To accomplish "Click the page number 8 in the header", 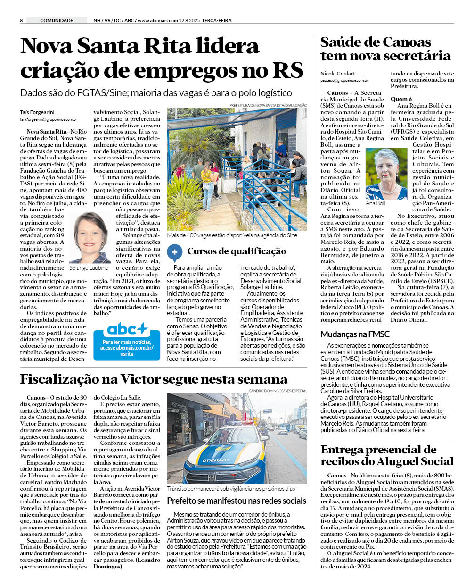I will (x=21, y=20).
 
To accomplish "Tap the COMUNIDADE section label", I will (x=57, y=20).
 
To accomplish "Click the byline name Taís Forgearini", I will (x=37, y=112).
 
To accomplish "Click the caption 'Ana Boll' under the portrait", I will (x=375, y=203).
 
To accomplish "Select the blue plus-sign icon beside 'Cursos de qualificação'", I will (x=174, y=252).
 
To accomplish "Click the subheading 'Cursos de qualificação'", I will (x=237, y=251).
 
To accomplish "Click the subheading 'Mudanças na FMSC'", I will (x=355, y=334).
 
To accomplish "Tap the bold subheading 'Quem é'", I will (x=401, y=99).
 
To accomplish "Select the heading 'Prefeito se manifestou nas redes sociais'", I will (x=237, y=501).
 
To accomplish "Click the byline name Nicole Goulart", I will (x=337, y=74).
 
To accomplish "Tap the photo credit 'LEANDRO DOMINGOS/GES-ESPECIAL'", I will (x=277, y=391).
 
